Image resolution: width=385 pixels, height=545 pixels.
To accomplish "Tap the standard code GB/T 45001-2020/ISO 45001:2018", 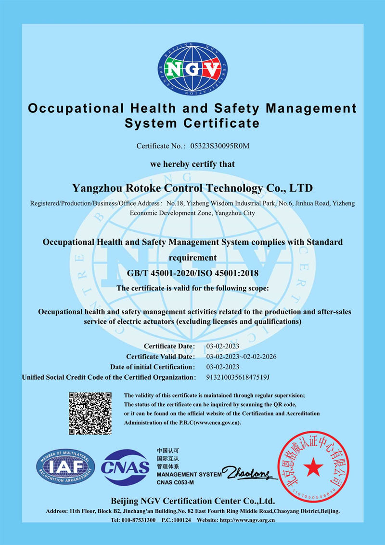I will [192, 273].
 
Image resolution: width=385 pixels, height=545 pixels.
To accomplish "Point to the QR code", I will [90, 413].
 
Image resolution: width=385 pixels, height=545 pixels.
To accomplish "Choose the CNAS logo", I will [125, 467].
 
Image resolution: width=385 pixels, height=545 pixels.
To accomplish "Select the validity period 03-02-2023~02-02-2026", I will [241, 357].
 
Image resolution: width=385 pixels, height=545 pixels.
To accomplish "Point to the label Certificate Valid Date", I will [160, 357].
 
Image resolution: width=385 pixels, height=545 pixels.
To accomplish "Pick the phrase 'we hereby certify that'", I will [192, 164].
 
